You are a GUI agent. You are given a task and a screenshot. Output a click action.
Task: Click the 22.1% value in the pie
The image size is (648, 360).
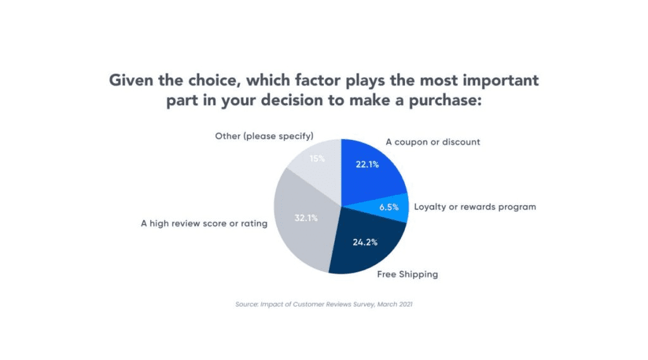(x=368, y=164)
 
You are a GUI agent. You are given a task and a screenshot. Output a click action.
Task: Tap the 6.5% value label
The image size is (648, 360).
(x=389, y=207)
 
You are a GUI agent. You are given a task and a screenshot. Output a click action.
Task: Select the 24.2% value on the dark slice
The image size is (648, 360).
(x=365, y=242)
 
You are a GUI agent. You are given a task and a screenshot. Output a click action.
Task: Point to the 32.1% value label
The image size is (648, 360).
(x=306, y=218)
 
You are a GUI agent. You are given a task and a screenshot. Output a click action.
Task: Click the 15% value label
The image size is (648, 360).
(x=317, y=159)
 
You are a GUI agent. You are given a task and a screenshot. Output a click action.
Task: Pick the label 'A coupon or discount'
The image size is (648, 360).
(x=433, y=142)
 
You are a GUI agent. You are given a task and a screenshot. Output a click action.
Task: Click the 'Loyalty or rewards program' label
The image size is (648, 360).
(x=475, y=207)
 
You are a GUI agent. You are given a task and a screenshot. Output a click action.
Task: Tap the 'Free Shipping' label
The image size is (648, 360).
(x=408, y=275)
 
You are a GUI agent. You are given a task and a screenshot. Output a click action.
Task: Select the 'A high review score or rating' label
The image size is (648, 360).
(x=204, y=223)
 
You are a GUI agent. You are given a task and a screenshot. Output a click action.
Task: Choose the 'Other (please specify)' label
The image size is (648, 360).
(x=264, y=137)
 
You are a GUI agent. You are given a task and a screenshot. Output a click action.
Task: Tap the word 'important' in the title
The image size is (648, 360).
(x=501, y=80)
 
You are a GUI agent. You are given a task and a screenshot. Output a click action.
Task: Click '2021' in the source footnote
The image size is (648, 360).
(x=406, y=304)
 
